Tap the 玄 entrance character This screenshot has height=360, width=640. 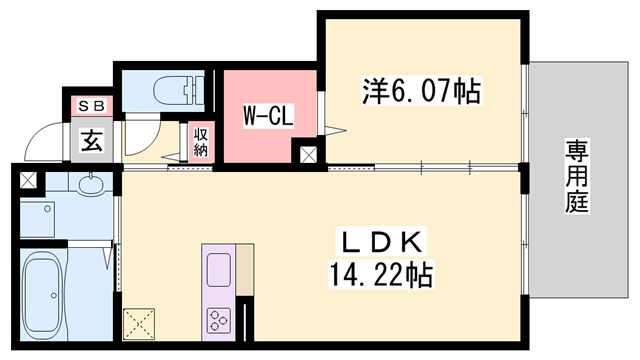[91, 141]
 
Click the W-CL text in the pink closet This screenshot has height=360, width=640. [268, 117]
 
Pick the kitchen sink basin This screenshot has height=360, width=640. [218, 268]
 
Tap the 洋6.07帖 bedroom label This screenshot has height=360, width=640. [419, 93]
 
